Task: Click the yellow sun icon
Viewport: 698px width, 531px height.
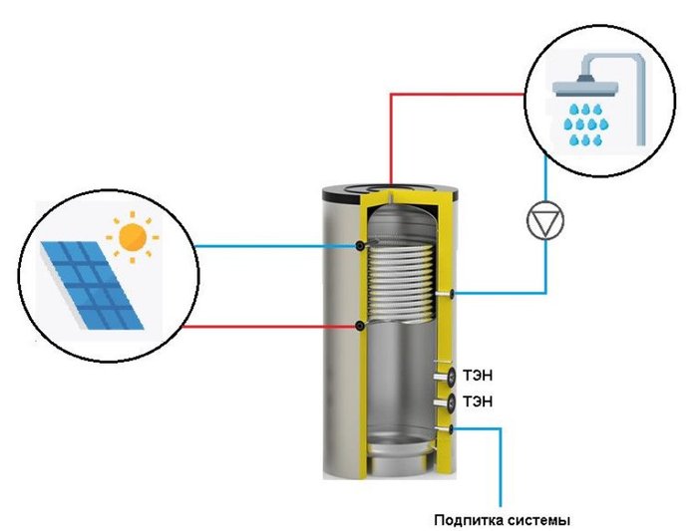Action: [x=132, y=237]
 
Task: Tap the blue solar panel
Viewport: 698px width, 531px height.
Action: [x=93, y=283]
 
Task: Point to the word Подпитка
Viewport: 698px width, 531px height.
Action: [x=470, y=519]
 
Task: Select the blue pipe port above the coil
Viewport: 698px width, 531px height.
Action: [x=360, y=245]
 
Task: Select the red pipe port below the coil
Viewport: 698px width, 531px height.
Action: [x=360, y=326]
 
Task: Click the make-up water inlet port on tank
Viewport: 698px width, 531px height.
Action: [x=452, y=429]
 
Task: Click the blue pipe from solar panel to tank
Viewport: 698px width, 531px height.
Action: [x=269, y=246]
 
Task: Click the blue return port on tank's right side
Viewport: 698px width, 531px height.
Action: [x=453, y=293]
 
